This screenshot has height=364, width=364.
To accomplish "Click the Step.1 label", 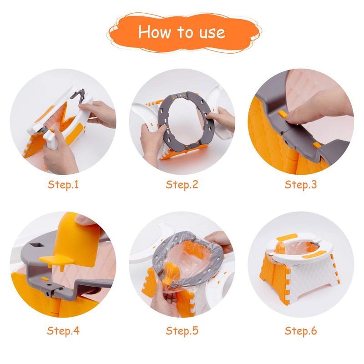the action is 63,185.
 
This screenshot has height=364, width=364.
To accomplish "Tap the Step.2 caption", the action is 182,185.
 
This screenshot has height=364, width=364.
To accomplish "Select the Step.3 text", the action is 301,185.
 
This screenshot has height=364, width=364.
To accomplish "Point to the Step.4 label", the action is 63,330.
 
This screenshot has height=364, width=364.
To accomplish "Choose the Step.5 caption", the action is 182,330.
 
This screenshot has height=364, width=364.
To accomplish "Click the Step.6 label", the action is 301,330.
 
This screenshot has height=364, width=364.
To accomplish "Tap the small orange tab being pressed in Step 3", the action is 283,114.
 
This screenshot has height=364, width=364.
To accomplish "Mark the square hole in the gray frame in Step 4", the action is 37,245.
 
